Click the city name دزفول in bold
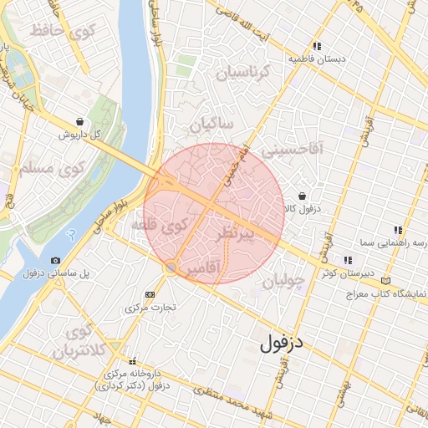point(285,341)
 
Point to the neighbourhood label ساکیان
point(213,125)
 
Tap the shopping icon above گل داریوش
point(79,121)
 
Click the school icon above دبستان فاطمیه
point(317,47)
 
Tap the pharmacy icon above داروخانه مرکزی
point(130,361)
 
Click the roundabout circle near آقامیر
point(171,267)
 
